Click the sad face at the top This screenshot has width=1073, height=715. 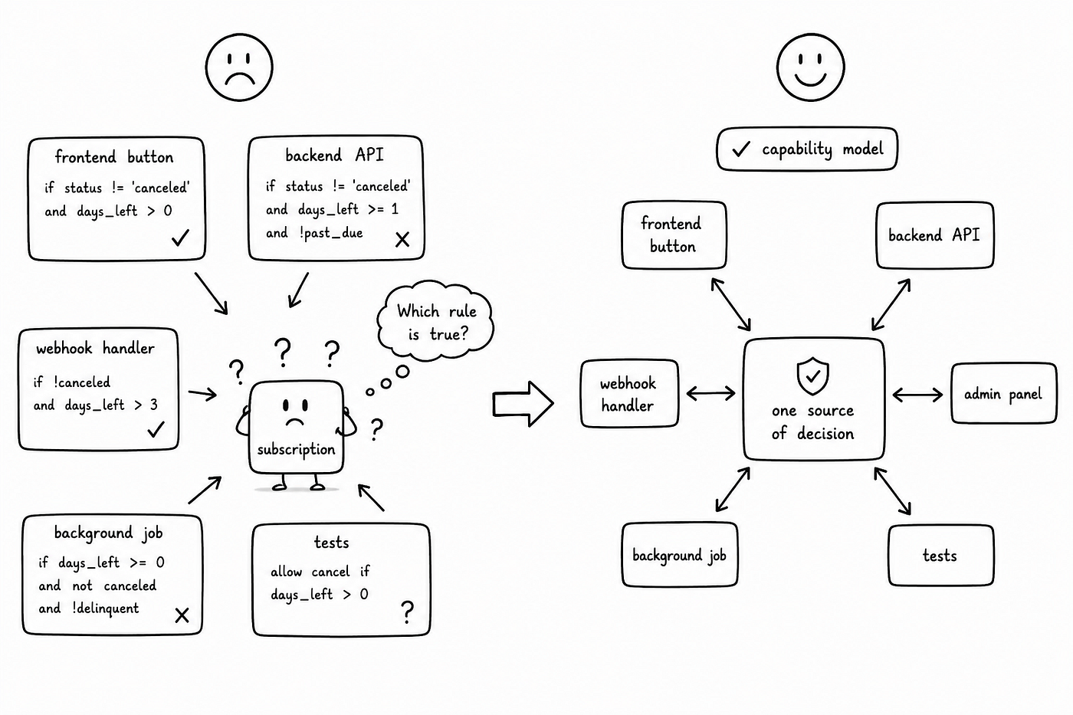point(239,67)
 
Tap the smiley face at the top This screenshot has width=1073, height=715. point(811,67)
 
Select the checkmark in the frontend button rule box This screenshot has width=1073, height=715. point(181,238)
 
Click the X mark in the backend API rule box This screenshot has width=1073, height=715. point(402,239)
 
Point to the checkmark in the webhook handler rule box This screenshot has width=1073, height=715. point(156,429)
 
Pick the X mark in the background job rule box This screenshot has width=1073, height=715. point(182,615)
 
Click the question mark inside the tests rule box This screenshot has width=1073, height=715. point(407,612)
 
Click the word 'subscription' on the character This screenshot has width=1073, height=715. point(296,450)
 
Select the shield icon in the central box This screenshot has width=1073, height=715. point(812,376)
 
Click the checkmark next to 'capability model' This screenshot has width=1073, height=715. point(740,149)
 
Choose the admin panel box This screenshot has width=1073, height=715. point(1003,394)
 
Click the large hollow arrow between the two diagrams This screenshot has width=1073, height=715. point(523,404)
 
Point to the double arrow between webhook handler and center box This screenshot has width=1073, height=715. point(711,394)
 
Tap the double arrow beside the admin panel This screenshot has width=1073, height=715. point(917,395)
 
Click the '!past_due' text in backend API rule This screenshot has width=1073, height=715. point(331,233)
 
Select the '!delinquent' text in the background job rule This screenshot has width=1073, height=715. point(106,608)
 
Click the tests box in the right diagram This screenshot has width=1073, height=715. point(941,556)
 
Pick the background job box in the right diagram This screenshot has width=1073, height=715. point(679,555)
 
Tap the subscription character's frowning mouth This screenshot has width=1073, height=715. point(295,422)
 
